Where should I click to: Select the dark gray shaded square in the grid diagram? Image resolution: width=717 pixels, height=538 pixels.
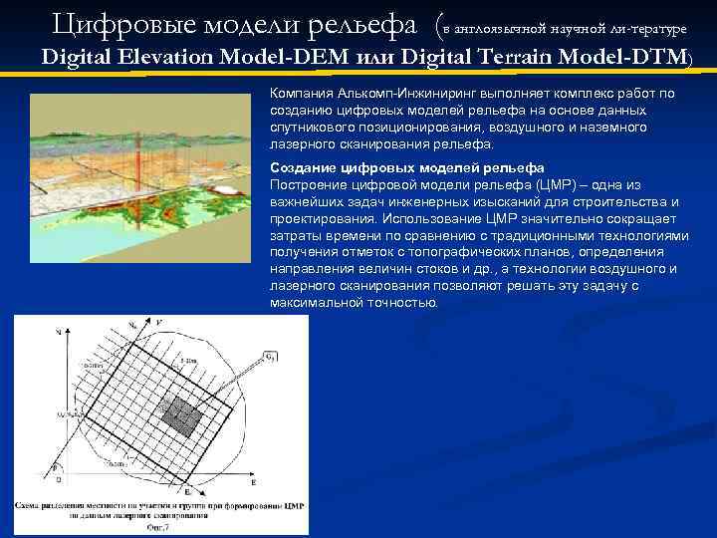181,411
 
